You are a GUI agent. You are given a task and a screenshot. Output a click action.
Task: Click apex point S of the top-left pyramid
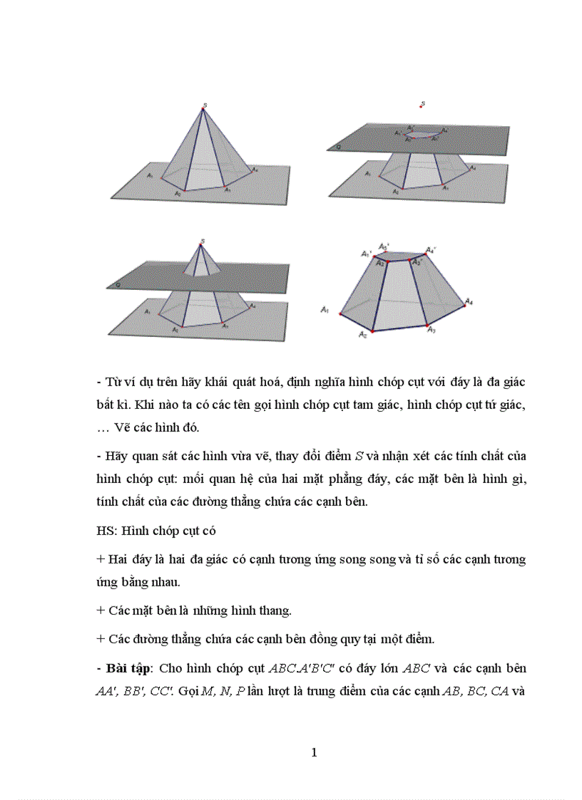205,106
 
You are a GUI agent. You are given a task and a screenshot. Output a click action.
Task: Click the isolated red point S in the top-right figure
422,106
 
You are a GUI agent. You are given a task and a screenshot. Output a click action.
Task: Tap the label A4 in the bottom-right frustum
469,302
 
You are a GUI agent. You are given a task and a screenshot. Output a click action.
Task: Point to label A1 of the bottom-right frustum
325,309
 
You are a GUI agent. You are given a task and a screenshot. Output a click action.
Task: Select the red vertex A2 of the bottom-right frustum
372,331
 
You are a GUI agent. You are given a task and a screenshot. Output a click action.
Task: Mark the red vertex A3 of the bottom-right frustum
427,326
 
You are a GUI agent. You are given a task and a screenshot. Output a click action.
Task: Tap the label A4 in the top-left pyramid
255,170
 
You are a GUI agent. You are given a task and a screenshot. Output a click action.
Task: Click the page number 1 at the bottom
314,753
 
